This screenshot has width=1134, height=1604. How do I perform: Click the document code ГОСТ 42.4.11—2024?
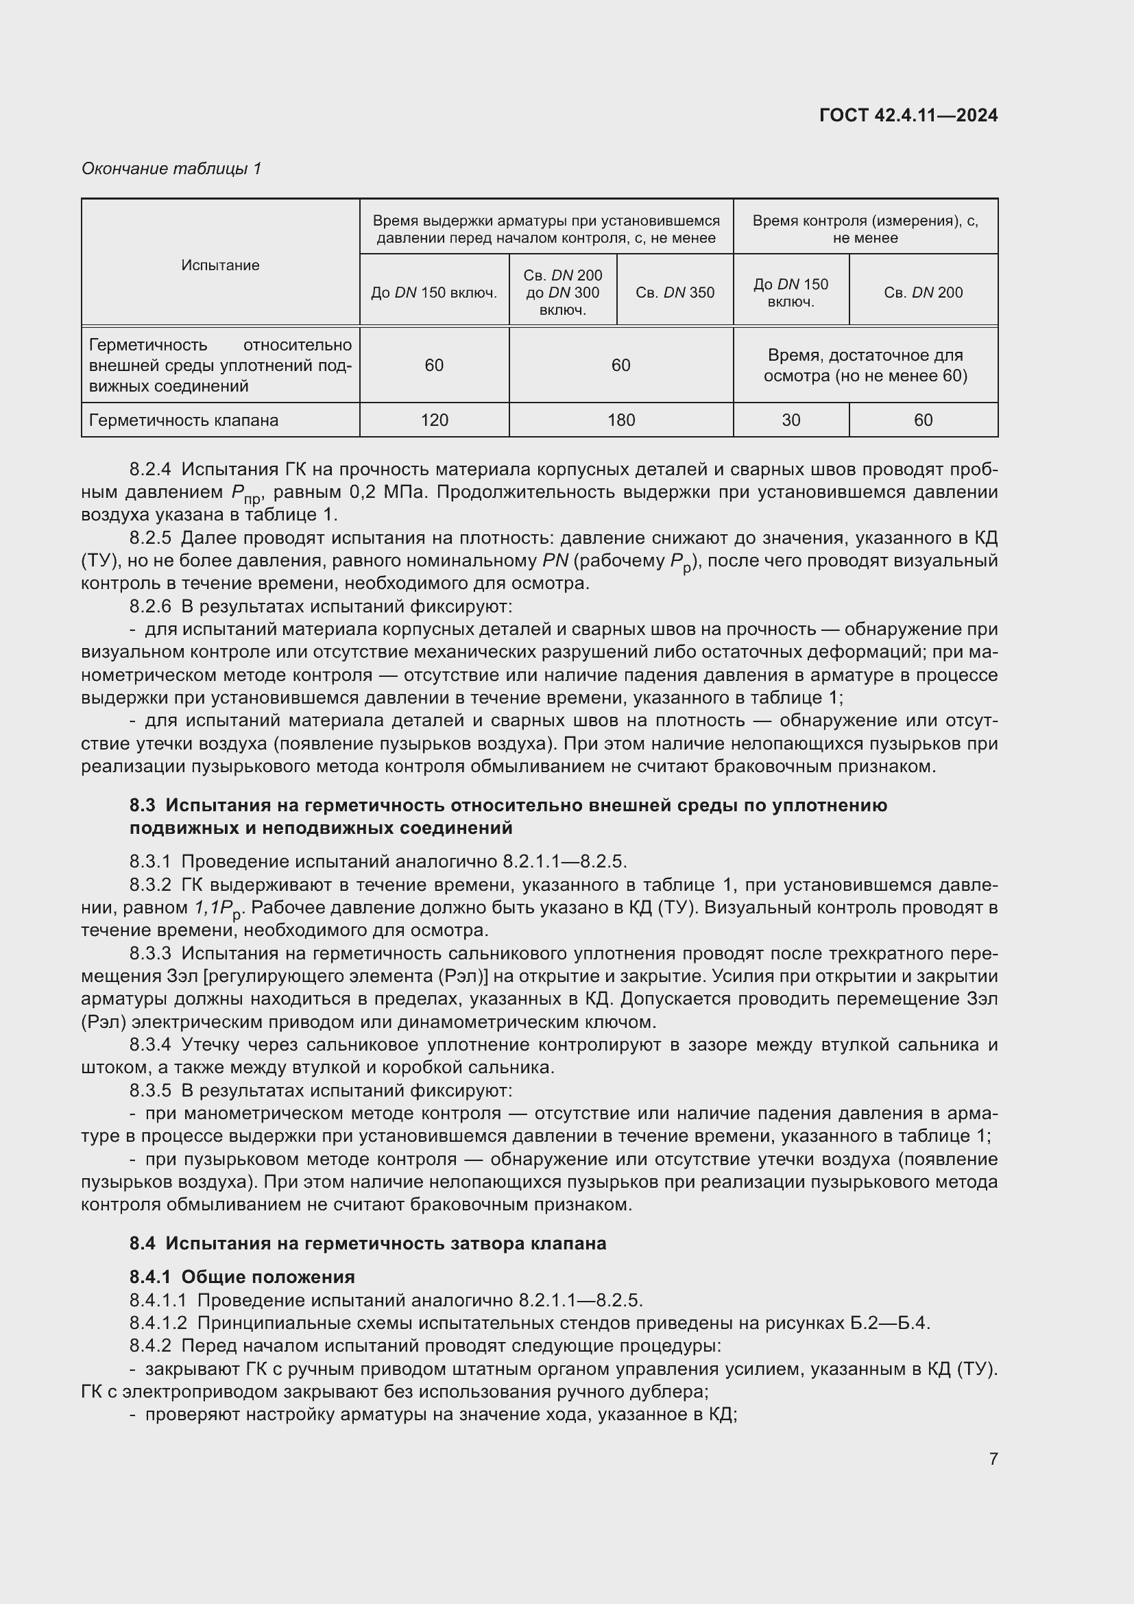click(x=908, y=115)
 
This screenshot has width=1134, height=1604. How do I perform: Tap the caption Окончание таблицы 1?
click(x=171, y=169)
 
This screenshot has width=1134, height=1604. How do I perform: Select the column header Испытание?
click(x=220, y=265)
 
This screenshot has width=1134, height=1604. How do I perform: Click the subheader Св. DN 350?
click(x=675, y=293)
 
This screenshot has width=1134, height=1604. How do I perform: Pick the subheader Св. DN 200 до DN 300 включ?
click(x=562, y=293)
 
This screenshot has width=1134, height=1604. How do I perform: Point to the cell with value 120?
click(x=433, y=420)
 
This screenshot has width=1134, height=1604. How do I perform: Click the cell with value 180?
click(x=620, y=420)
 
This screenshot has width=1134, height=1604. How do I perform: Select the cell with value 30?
click(x=791, y=420)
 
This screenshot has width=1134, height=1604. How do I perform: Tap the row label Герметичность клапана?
click(x=184, y=420)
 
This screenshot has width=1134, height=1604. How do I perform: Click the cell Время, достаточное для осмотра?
click(x=865, y=366)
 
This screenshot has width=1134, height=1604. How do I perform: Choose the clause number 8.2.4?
click(x=150, y=469)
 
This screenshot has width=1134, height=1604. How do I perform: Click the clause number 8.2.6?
click(x=150, y=606)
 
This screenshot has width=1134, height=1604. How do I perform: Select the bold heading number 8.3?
click(x=142, y=806)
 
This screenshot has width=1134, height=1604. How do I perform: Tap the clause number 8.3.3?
click(x=150, y=953)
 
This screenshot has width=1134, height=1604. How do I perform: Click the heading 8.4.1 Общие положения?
click(x=241, y=1277)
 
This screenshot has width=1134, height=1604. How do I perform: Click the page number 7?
click(x=993, y=1459)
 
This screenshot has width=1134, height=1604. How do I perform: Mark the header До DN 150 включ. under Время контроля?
click(x=791, y=293)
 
